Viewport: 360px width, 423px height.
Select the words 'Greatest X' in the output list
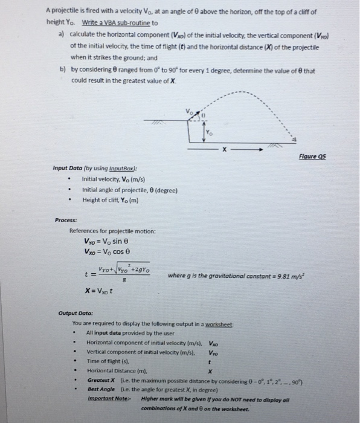(101, 380)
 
